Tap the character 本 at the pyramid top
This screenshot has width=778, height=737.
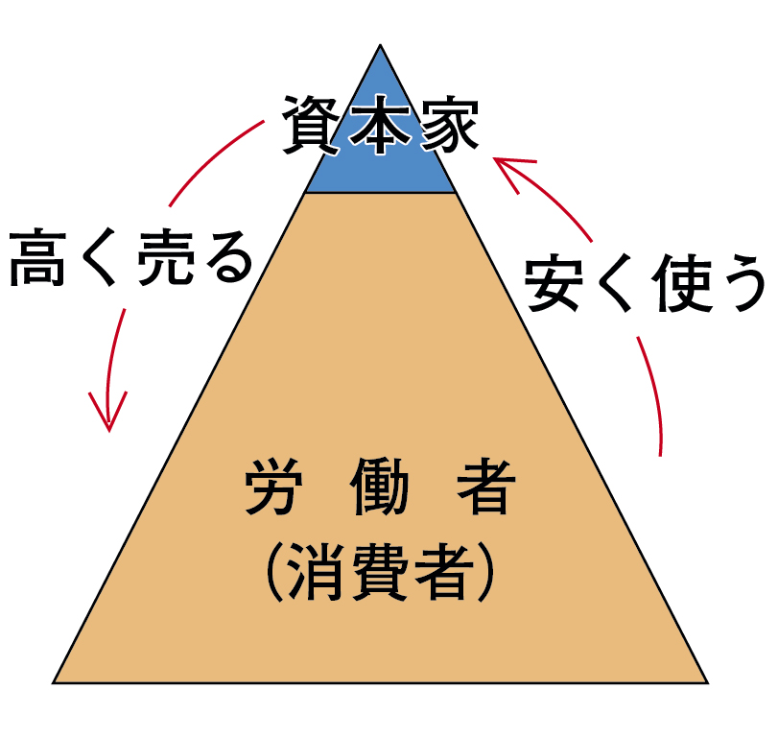pyautogui.click(x=381, y=125)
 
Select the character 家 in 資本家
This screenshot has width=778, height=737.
pyautogui.click(x=446, y=125)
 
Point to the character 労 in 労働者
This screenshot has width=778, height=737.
pyautogui.click(x=267, y=491)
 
